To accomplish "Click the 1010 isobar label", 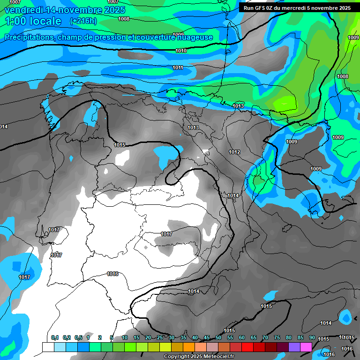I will pos(181,51).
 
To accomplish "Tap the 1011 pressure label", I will pos(178,68).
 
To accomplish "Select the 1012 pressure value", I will pos(234,152).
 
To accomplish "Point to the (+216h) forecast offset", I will pos(83,21).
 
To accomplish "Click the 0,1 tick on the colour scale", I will pos(55,338).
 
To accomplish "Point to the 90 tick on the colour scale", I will pos(312,338).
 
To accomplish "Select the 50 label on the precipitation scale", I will pos(218,338).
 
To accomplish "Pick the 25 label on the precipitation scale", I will pos(160,338).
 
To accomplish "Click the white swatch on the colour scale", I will pos(48,347).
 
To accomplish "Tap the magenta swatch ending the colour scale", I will pos(306,347).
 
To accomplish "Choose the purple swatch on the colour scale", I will pos(294,347).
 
